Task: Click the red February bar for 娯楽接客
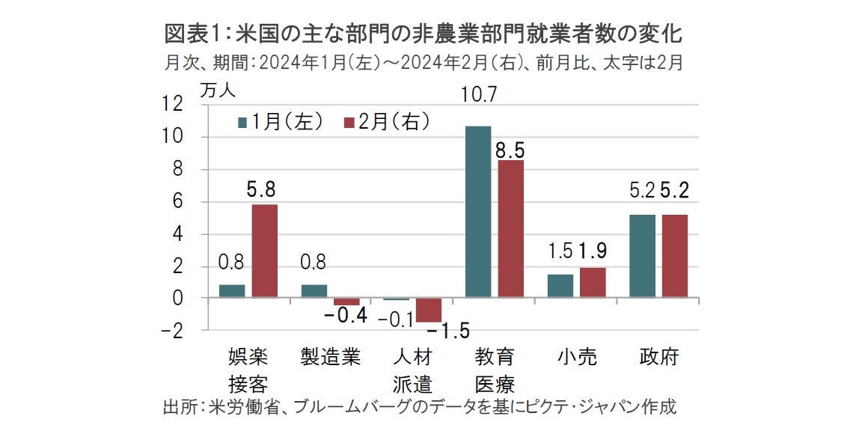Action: (x=264, y=251)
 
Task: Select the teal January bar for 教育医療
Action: (x=478, y=212)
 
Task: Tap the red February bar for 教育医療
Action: (x=510, y=229)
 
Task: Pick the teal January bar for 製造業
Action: (x=314, y=291)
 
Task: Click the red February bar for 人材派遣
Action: (x=429, y=310)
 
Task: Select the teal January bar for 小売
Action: (x=560, y=286)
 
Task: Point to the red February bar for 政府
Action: (x=674, y=256)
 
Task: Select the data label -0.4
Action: (x=345, y=316)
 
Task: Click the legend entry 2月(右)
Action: (x=387, y=122)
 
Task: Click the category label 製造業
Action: (x=330, y=357)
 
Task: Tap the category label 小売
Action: (x=576, y=357)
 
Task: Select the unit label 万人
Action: (x=217, y=90)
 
